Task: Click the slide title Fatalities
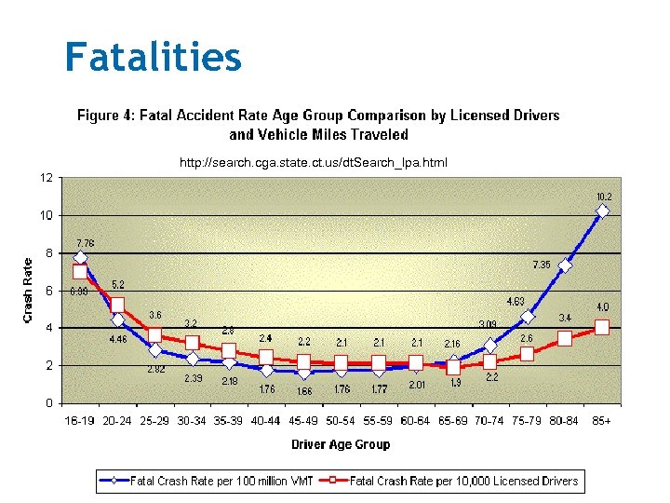coord(154,57)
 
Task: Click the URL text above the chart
coord(313,163)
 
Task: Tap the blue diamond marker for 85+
coord(602,211)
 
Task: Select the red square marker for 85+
coord(602,327)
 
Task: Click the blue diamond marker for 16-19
coord(80,257)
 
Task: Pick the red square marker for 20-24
coord(117,305)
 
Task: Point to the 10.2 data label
coord(603,197)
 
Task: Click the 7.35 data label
coord(542,265)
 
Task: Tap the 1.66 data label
coord(303,390)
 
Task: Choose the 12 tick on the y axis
coord(46,177)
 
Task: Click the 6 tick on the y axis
coord(48,290)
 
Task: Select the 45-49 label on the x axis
coord(303,422)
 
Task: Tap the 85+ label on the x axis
coord(602,422)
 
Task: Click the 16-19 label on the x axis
coord(80,422)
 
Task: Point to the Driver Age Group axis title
coord(341,444)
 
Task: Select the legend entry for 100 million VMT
coord(221,482)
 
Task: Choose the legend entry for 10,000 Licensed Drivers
coord(463,482)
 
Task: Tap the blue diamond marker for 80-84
coord(565,265)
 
